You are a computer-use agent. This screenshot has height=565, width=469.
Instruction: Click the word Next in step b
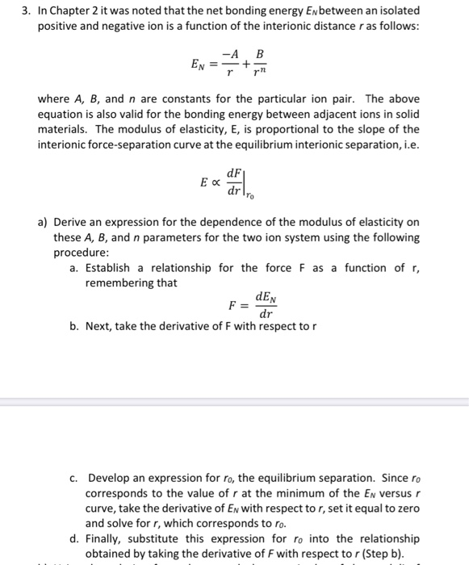click(100, 328)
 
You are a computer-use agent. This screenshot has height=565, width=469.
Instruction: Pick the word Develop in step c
click(111, 478)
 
